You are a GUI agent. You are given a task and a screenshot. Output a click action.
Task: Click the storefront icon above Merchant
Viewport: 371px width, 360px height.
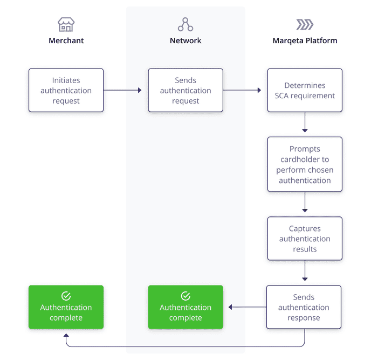click(66, 24)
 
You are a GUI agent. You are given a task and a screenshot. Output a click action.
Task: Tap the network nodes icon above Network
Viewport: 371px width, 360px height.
click(185, 24)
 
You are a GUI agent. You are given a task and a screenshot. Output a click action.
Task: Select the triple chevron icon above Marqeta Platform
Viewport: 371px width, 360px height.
click(305, 24)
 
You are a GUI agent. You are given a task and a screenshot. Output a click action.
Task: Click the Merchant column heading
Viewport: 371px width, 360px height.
click(66, 40)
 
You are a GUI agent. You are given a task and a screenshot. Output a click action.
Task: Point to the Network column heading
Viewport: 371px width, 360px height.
click(185, 40)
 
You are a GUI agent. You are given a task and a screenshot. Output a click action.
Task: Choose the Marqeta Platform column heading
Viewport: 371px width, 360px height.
click(305, 40)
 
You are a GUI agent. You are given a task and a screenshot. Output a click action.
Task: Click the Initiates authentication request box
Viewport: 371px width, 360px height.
click(66, 90)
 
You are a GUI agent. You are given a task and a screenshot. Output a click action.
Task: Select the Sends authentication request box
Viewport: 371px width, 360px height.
click(185, 90)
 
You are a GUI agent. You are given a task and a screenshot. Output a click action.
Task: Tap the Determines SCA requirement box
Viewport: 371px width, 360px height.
click(305, 90)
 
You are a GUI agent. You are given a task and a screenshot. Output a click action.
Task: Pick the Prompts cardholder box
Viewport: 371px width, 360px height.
click(305, 164)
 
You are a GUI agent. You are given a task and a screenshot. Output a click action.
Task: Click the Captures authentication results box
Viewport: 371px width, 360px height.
click(305, 239)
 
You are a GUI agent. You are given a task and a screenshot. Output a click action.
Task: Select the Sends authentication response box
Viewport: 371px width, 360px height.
click(304, 307)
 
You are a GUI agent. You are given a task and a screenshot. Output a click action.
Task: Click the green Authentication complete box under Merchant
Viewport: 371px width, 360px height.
click(66, 307)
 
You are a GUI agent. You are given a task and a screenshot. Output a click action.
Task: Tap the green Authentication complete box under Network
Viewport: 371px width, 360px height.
click(185, 307)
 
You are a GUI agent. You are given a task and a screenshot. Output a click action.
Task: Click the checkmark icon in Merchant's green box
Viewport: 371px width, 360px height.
click(66, 296)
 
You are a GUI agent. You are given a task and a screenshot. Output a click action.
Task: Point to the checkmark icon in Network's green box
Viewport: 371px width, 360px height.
click(185, 296)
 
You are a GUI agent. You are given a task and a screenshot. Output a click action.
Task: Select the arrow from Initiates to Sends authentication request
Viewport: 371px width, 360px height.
click(122, 90)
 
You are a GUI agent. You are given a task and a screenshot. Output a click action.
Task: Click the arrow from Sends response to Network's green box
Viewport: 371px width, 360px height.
click(247, 307)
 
